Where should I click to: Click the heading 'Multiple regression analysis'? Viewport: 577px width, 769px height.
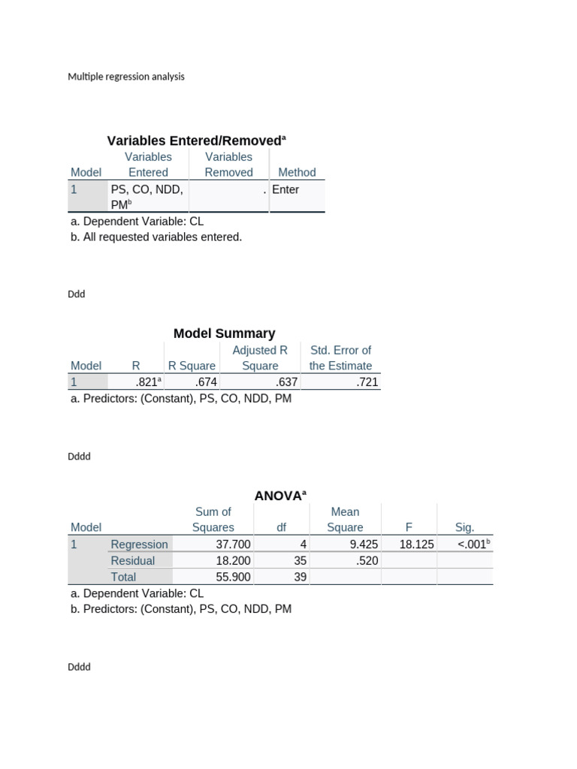(126, 77)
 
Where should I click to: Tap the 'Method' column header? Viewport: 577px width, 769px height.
(297, 173)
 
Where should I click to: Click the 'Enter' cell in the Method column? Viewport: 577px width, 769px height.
(285, 190)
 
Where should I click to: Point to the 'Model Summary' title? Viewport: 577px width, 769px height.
(224, 333)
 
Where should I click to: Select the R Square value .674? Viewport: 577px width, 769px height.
(205, 382)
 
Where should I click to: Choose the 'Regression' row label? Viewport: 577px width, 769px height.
(139, 544)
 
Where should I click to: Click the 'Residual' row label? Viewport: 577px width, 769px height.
(132, 561)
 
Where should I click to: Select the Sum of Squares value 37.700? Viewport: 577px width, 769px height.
(233, 544)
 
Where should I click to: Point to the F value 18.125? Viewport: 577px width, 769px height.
(416, 544)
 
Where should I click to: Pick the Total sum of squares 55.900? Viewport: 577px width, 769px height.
(233, 578)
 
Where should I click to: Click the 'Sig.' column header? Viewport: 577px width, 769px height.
(465, 528)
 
